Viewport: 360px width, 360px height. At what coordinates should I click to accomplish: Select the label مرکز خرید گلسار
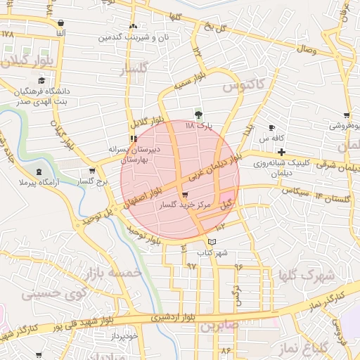tap(184, 205)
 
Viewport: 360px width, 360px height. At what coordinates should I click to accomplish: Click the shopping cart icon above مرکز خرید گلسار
tap(185, 195)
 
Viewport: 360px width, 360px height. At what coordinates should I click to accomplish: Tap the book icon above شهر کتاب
tap(214, 242)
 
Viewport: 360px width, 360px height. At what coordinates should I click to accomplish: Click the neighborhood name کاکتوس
tap(243, 86)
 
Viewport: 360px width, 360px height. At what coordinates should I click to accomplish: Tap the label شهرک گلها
tap(304, 276)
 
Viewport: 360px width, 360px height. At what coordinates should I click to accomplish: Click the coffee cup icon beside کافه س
tap(271, 127)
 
